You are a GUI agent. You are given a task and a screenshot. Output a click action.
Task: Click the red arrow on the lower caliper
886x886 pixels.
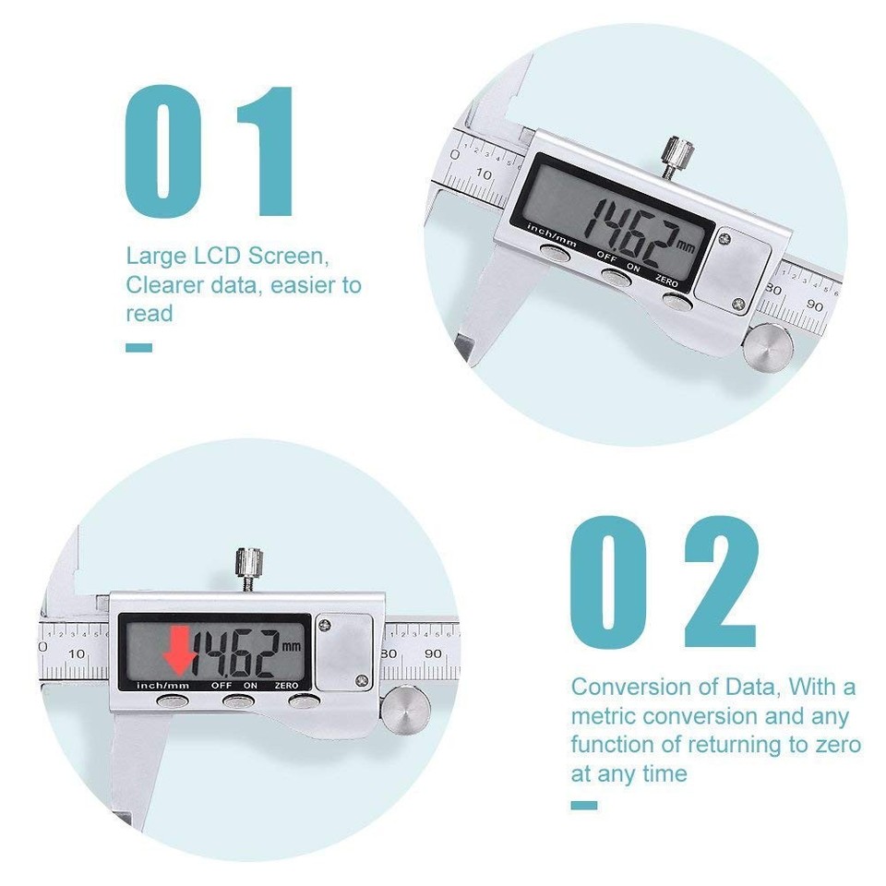(x=179, y=652)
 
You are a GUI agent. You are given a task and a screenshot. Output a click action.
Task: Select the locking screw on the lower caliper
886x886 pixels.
(x=249, y=564)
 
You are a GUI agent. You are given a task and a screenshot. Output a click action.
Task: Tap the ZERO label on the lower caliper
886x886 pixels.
(x=286, y=686)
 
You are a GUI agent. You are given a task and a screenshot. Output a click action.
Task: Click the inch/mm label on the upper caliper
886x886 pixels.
(x=552, y=230)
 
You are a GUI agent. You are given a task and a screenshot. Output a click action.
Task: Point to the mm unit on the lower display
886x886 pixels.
(x=292, y=646)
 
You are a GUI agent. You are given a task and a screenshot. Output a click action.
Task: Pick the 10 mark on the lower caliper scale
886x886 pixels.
(x=77, y=653)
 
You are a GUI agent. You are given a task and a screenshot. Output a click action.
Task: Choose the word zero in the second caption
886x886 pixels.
(x=836, y=745)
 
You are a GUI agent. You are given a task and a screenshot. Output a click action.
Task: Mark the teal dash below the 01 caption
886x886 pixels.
(x=138, y=348)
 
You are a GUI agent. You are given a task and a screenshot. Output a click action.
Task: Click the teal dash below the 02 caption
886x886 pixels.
(x=583, y=805)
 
